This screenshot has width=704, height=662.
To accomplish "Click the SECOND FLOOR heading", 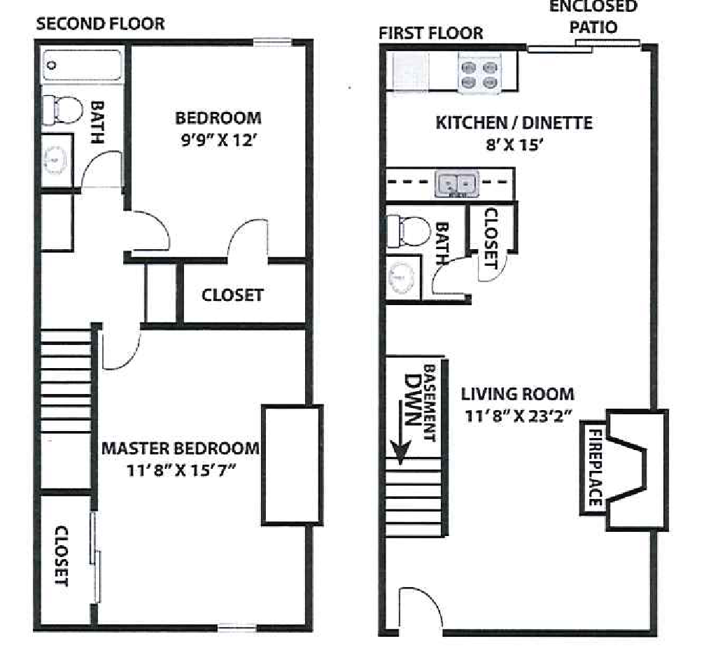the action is [x=101, y=24].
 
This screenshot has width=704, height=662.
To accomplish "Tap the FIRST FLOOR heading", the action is [x=431, y=33].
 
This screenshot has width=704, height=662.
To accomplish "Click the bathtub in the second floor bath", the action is [x=82, y=66].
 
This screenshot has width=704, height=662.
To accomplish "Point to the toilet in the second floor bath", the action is [x=62, y=111].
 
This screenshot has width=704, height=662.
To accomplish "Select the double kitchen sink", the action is [x=456, y=183].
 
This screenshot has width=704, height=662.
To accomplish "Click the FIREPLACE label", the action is [x=596, y=467].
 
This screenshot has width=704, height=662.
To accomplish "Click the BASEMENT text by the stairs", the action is [x=429, y=403].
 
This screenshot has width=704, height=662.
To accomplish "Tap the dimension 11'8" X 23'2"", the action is [x=518, y=416].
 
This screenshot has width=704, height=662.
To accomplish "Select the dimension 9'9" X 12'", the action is [x=218, y=141].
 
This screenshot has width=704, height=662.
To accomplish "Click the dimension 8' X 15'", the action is [x=514, y=145].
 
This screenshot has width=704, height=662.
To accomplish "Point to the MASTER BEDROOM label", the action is [x=181, y=449].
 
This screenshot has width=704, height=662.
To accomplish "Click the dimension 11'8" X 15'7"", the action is [x=181, y=471].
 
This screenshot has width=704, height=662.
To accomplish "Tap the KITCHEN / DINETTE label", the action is [x=514, y=122].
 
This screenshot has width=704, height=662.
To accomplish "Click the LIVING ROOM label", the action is [x=518, y=394].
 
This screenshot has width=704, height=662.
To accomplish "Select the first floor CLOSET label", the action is [x=491, y=238].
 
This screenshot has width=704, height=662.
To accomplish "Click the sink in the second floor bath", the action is [x=56, y=160].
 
